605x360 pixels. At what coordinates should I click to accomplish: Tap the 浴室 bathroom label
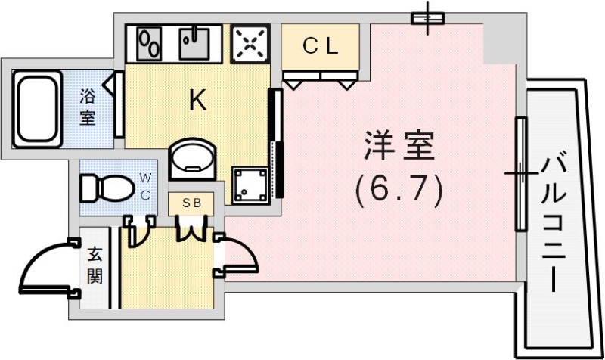point(88,107)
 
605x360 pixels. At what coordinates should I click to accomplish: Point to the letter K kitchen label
point(198,101)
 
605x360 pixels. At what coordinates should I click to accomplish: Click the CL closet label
point(320,46)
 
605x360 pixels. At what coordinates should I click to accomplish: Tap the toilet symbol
point(106,187)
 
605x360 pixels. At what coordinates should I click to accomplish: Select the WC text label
point(145,187)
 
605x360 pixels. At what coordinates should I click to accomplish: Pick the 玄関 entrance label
point(95,267)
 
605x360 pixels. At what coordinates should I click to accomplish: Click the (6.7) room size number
point(399,191)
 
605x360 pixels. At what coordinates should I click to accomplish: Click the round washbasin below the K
point(192,157)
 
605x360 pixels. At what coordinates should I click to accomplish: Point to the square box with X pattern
point(250,44)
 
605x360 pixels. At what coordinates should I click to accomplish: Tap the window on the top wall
point(428,18)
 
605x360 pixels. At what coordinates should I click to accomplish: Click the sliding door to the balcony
point(520,174)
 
